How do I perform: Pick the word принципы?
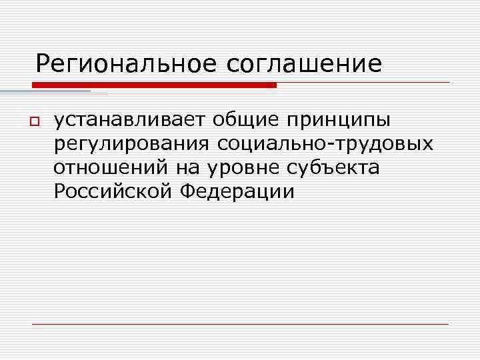click(x=340, y=121)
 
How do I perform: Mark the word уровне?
click(x=231, y=168)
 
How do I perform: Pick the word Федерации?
click(x=237, y=192)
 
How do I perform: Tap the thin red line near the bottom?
click(x=240, y=324)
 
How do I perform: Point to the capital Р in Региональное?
click(x=43, y=64)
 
